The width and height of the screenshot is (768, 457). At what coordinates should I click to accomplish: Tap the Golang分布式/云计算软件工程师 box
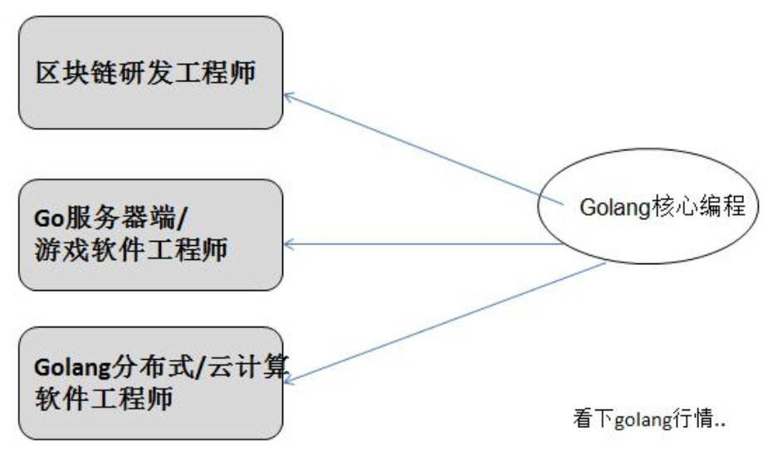click(150, 384)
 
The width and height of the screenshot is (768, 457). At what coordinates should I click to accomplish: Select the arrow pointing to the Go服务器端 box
click(415, 244)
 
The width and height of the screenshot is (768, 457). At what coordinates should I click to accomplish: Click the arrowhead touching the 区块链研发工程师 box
click(288, 97)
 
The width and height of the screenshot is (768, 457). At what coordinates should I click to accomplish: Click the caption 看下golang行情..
click(650, 419)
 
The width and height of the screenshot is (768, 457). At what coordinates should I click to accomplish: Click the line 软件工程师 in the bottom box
click(95, 399)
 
